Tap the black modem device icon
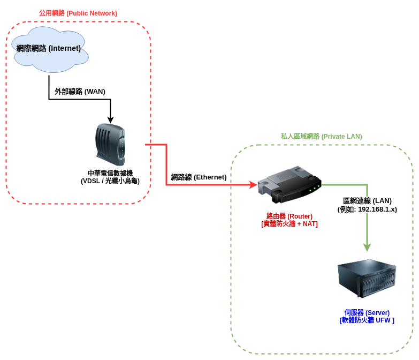pos(110,145)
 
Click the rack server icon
pos(367,278)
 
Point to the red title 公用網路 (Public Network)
pos(78,13)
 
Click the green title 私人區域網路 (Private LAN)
pos(321,137)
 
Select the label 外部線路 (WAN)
pos(80,91)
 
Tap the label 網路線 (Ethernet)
pos(199,177)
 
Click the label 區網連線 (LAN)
pos(367,200)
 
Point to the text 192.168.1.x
pos(377,209)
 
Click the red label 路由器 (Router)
pos(289,216)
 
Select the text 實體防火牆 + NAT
pos(289,224)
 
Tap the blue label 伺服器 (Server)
pos(367,312)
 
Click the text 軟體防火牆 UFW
pos(367,320)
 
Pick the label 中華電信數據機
pos(110,173)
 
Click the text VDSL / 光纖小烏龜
pos(110,181)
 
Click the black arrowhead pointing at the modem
pos(110,119)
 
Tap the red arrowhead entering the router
pos(253,185)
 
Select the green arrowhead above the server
pos(367,247)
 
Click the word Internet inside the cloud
pos(65,48)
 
